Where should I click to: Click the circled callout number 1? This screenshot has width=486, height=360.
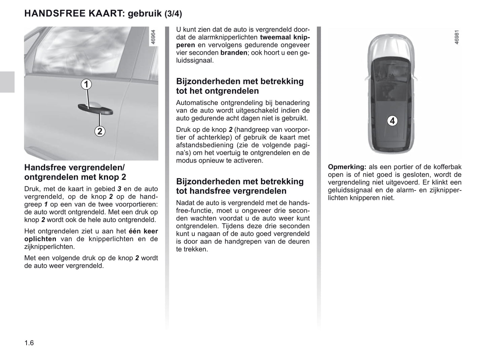click(86, 84)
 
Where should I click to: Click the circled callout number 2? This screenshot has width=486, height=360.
click(100, 131)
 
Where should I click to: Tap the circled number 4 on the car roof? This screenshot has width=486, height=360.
click(392, 120)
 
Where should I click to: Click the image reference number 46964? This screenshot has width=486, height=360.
click(153, 37)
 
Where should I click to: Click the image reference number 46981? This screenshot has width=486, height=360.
click(456, 37)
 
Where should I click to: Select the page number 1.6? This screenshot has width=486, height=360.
click(29, 343)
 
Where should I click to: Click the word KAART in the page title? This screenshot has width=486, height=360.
click(105, 13)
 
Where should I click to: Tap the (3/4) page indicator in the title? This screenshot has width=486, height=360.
click(173, 14)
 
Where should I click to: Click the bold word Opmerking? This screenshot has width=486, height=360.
click(347, 167)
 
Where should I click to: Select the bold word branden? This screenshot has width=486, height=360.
click(234, 53)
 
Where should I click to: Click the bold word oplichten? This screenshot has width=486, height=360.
click(40, 239)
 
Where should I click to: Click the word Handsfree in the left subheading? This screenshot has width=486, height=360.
click(45, 167)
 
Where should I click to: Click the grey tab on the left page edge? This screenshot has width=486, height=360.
click(7, 82)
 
